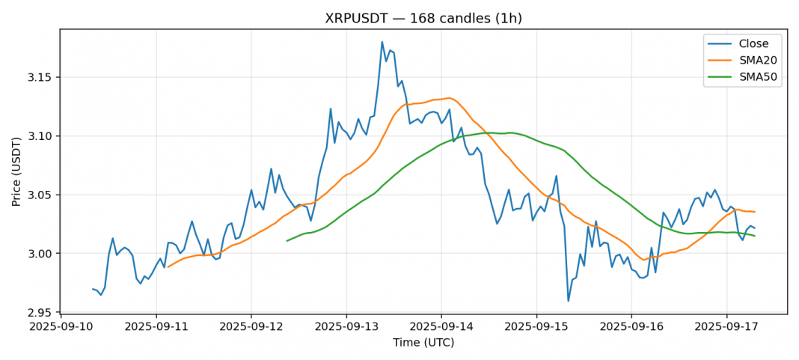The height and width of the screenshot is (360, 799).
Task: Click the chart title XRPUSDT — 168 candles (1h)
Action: [423, 18]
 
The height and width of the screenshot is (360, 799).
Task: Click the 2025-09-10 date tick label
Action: [61, 327]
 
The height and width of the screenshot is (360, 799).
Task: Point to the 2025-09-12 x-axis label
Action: [251, 327]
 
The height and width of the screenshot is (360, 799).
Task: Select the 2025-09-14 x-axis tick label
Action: [441, 327]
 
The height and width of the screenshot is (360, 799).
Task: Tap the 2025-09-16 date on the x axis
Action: [631, 327]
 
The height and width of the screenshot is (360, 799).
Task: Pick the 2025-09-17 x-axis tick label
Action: [726, 327]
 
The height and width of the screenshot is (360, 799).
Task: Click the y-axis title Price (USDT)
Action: [16, 171]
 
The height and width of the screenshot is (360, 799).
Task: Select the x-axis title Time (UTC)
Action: [423, 343]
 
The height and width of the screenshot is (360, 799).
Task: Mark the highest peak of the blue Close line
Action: [382, 42]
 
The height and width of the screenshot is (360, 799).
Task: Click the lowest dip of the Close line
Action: [569, 301]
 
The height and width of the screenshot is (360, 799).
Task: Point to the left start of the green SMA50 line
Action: [287, 241]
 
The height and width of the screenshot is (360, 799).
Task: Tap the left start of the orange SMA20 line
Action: [168, 267]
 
